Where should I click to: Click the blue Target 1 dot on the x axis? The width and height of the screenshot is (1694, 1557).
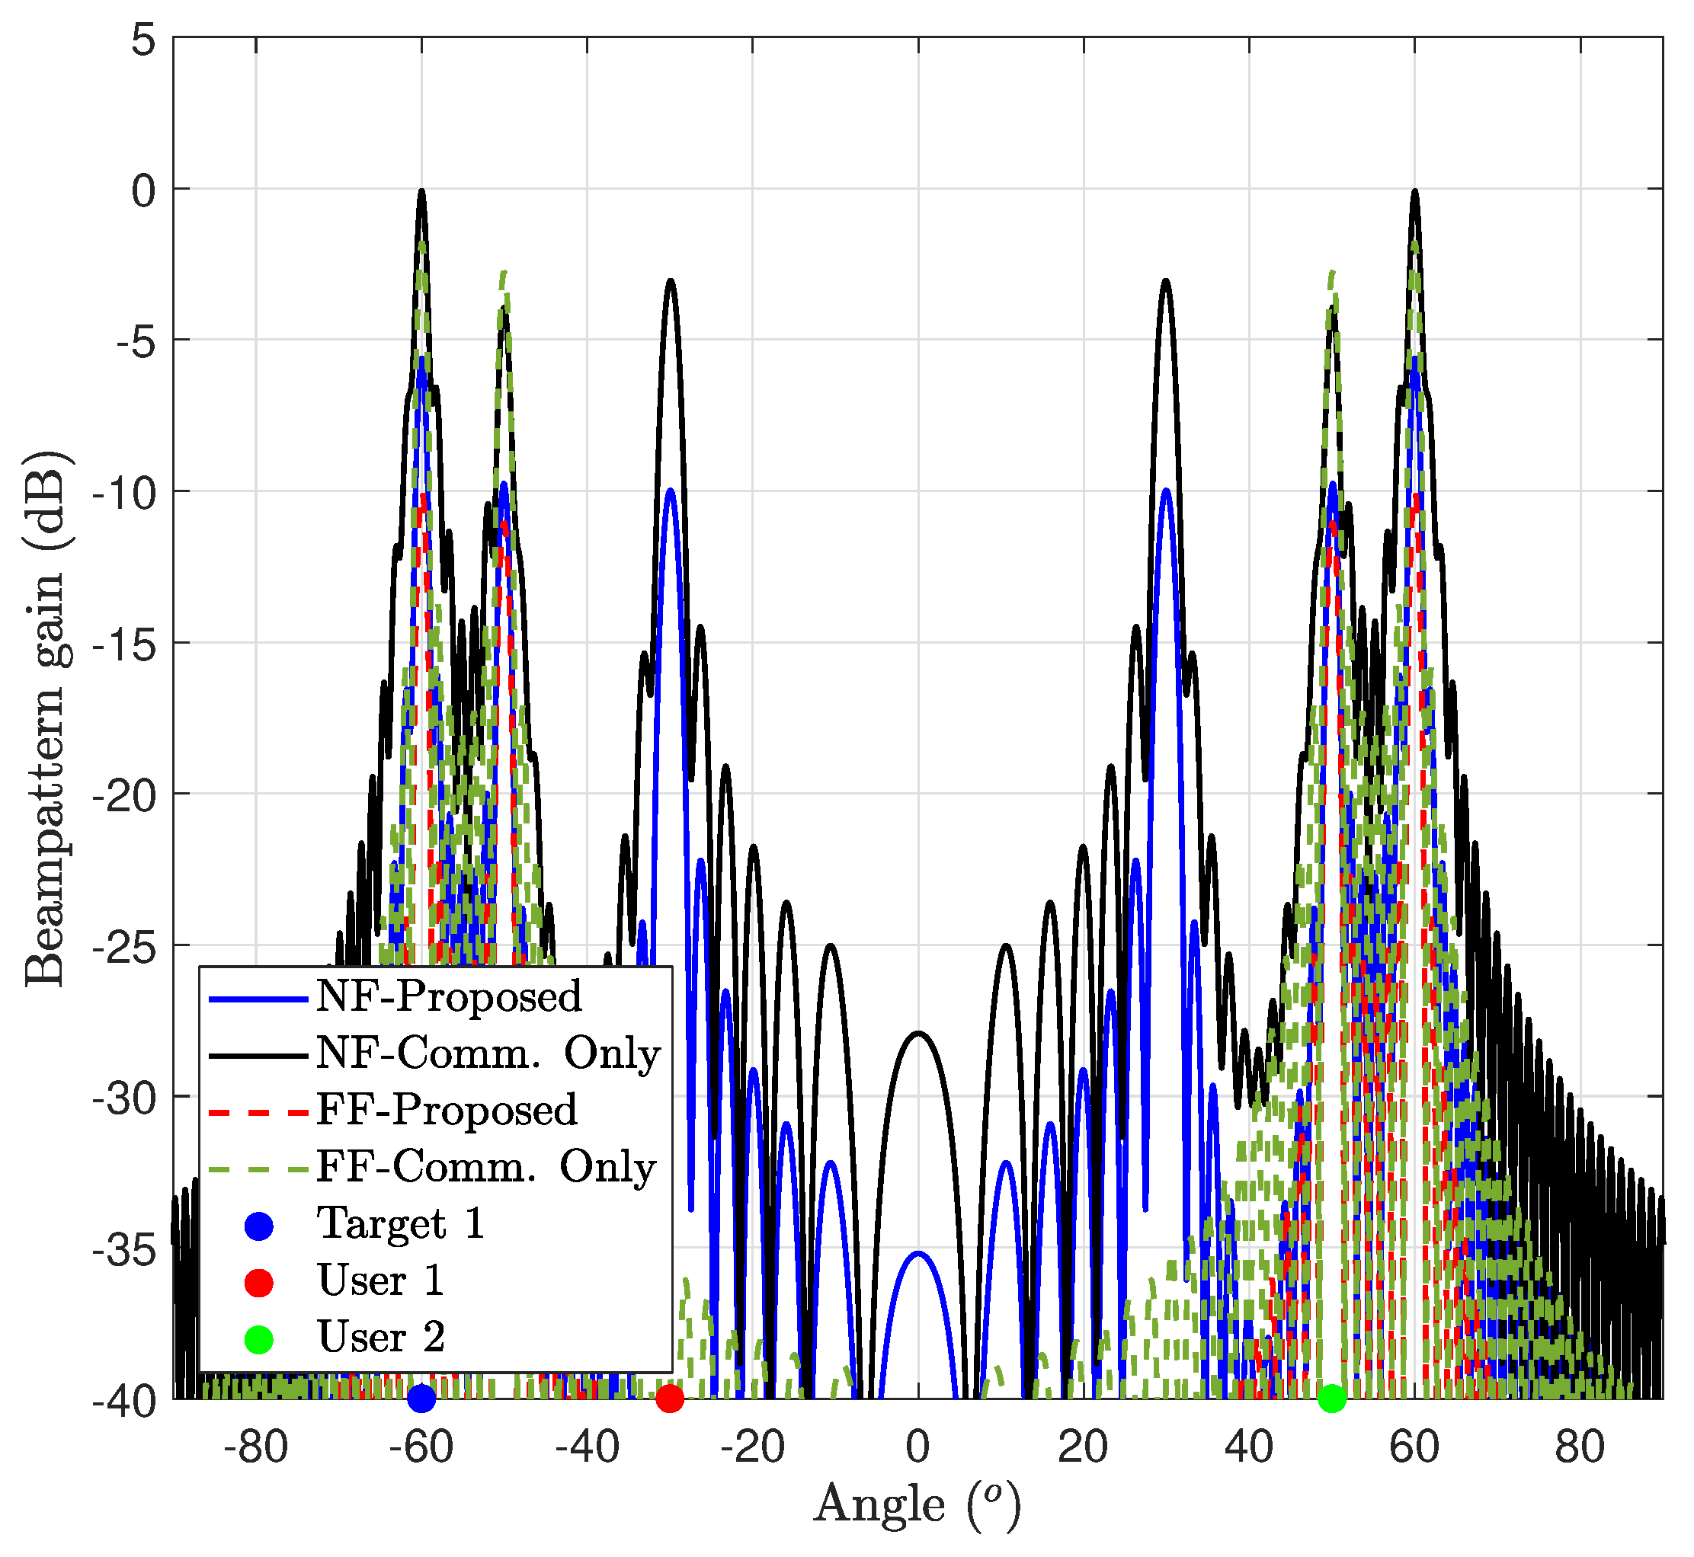(421, 1399)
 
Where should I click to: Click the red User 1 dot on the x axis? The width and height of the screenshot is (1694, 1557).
(670, 1399)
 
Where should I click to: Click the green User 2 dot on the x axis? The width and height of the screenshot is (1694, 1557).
(1331, 1399)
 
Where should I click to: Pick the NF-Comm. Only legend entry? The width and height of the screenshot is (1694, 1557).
(487, 1054)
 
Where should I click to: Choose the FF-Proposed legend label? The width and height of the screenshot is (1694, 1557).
(446, 1111)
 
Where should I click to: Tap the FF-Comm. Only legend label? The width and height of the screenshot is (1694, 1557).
(485, 1168)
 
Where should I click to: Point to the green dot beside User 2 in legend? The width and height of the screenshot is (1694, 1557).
(259, 1339)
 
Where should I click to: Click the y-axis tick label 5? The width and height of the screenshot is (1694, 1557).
(144, 40)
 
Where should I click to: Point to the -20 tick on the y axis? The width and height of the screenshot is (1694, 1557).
(124, 795)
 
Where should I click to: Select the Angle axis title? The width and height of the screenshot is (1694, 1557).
(917, 1507)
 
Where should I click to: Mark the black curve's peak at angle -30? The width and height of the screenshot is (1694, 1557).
(671, 280)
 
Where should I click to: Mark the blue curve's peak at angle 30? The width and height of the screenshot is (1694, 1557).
(1167, 490)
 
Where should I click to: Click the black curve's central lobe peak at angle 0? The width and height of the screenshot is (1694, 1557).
(919, 1033)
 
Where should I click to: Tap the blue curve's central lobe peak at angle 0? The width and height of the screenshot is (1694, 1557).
(919, 1253)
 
